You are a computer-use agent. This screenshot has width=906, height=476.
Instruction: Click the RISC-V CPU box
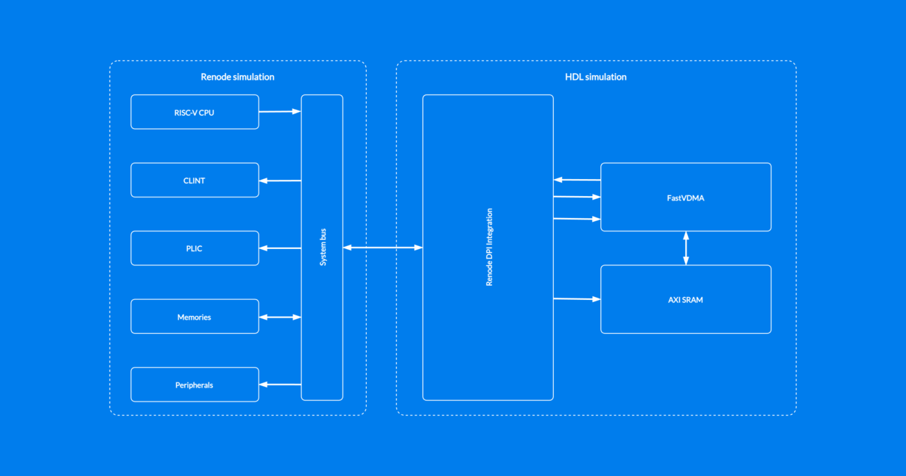(x=194, y=112)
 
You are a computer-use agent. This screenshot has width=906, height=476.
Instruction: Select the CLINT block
(x=194, y=181)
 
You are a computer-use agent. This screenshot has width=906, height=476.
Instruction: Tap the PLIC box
(x=194, y=248)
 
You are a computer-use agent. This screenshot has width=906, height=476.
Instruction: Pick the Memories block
(x=194, y=317)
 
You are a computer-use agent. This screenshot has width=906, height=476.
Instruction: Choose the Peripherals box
(x=194, y=385)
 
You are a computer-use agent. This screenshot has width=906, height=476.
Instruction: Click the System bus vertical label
(x=323, y=247)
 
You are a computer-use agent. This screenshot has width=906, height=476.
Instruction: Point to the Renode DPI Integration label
(x=489, y=247)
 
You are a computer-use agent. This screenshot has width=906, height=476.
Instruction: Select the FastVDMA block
(x=686, y=197)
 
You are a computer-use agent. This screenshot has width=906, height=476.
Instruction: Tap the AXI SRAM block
(x=686, y=300)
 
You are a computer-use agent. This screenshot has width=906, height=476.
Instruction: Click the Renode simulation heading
(x=237, y=77)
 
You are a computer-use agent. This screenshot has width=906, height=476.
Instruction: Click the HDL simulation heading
(x=595, y=77)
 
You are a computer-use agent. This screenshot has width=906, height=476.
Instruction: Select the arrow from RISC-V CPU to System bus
(x=280, y=112)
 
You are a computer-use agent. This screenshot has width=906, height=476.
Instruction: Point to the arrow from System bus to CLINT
(x=280, y=181)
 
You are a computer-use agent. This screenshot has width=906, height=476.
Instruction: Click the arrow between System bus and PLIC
(x=280, y=248)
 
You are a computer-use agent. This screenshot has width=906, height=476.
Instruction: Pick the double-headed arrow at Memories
(x=280, y=317)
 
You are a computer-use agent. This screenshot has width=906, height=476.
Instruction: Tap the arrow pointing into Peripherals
(x=280, y=385)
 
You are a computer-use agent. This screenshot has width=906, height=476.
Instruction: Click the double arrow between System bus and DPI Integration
(x=383, y=248)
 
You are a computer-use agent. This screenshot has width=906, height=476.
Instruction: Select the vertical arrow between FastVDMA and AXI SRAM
(x=686, y=248)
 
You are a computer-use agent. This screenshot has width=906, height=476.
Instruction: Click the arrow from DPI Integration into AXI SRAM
(x=577, y=299)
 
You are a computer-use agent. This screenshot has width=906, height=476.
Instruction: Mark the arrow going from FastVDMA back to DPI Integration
(x=577, y=180)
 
